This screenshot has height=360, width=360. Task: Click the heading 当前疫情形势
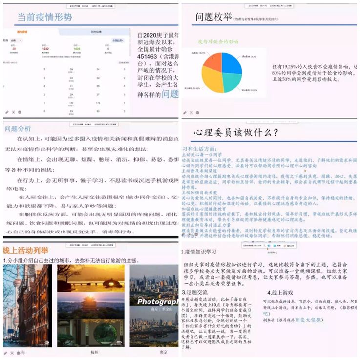(44, 17)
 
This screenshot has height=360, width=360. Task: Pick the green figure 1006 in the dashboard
(77, 49)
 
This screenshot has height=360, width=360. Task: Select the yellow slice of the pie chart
(213, 80)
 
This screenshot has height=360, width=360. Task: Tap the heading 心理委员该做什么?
(236, 132)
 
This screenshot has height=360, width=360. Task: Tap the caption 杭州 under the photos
(94, 352)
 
